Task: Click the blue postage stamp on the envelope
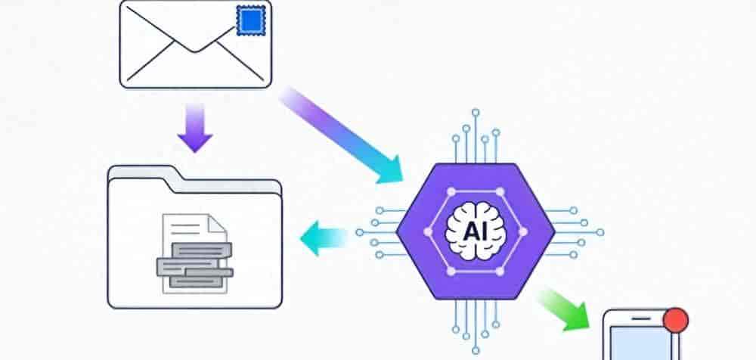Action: (251, 20)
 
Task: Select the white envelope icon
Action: (196, 45)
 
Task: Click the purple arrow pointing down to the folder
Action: (195, 128)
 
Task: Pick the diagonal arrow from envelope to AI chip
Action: (341, 135)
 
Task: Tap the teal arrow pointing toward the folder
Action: (324, 238)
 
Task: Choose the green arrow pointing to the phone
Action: (564, 310)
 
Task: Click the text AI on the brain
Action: (475, 232)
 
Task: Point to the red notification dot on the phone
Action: (675, 321)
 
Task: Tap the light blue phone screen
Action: (641, 343)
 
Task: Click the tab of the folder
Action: (141, 172)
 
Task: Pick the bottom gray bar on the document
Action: (197, 282)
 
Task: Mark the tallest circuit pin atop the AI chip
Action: (476, 137)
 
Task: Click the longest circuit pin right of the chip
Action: (575, 232)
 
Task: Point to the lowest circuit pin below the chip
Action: (476, 327)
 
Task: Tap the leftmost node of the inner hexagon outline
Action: (427, 232)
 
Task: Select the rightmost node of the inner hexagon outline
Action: (524, 232)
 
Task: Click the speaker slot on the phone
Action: (641, 318)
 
